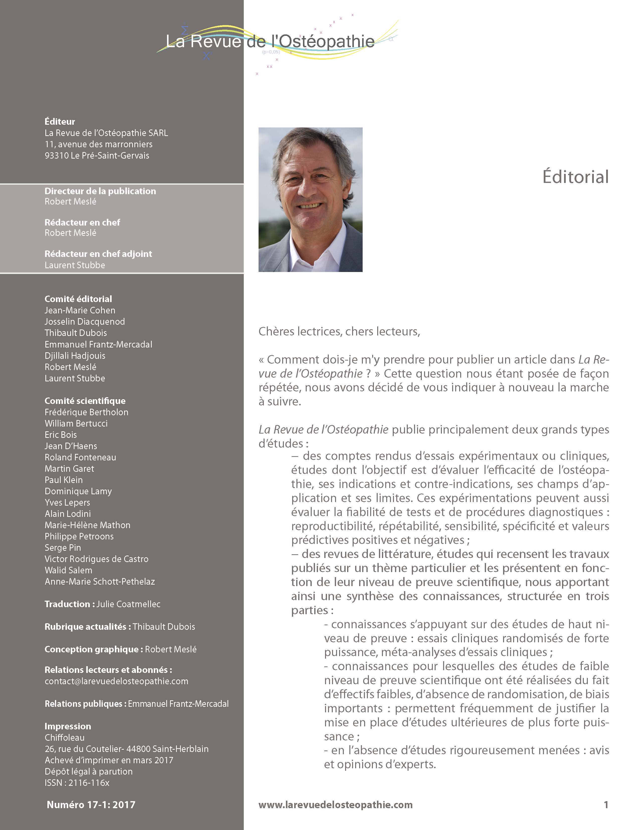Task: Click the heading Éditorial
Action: (575, 177)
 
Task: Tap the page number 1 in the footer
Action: (606, 805)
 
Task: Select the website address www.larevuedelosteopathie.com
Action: (336, 805)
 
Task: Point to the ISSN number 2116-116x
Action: (89, 783)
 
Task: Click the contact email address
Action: (116, 681)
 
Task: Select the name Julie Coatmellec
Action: (128, 604)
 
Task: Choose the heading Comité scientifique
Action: (85, 401)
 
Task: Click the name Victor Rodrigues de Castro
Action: (97, 559)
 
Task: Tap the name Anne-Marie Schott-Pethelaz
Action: (100, 581)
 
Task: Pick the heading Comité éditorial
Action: (78, 299)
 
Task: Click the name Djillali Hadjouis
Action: (75, 356)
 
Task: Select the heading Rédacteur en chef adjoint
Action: (98, 254)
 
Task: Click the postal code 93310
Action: (54, 155)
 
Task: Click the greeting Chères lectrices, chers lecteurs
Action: (339, 332)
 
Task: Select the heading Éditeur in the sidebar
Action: (60, 122)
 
